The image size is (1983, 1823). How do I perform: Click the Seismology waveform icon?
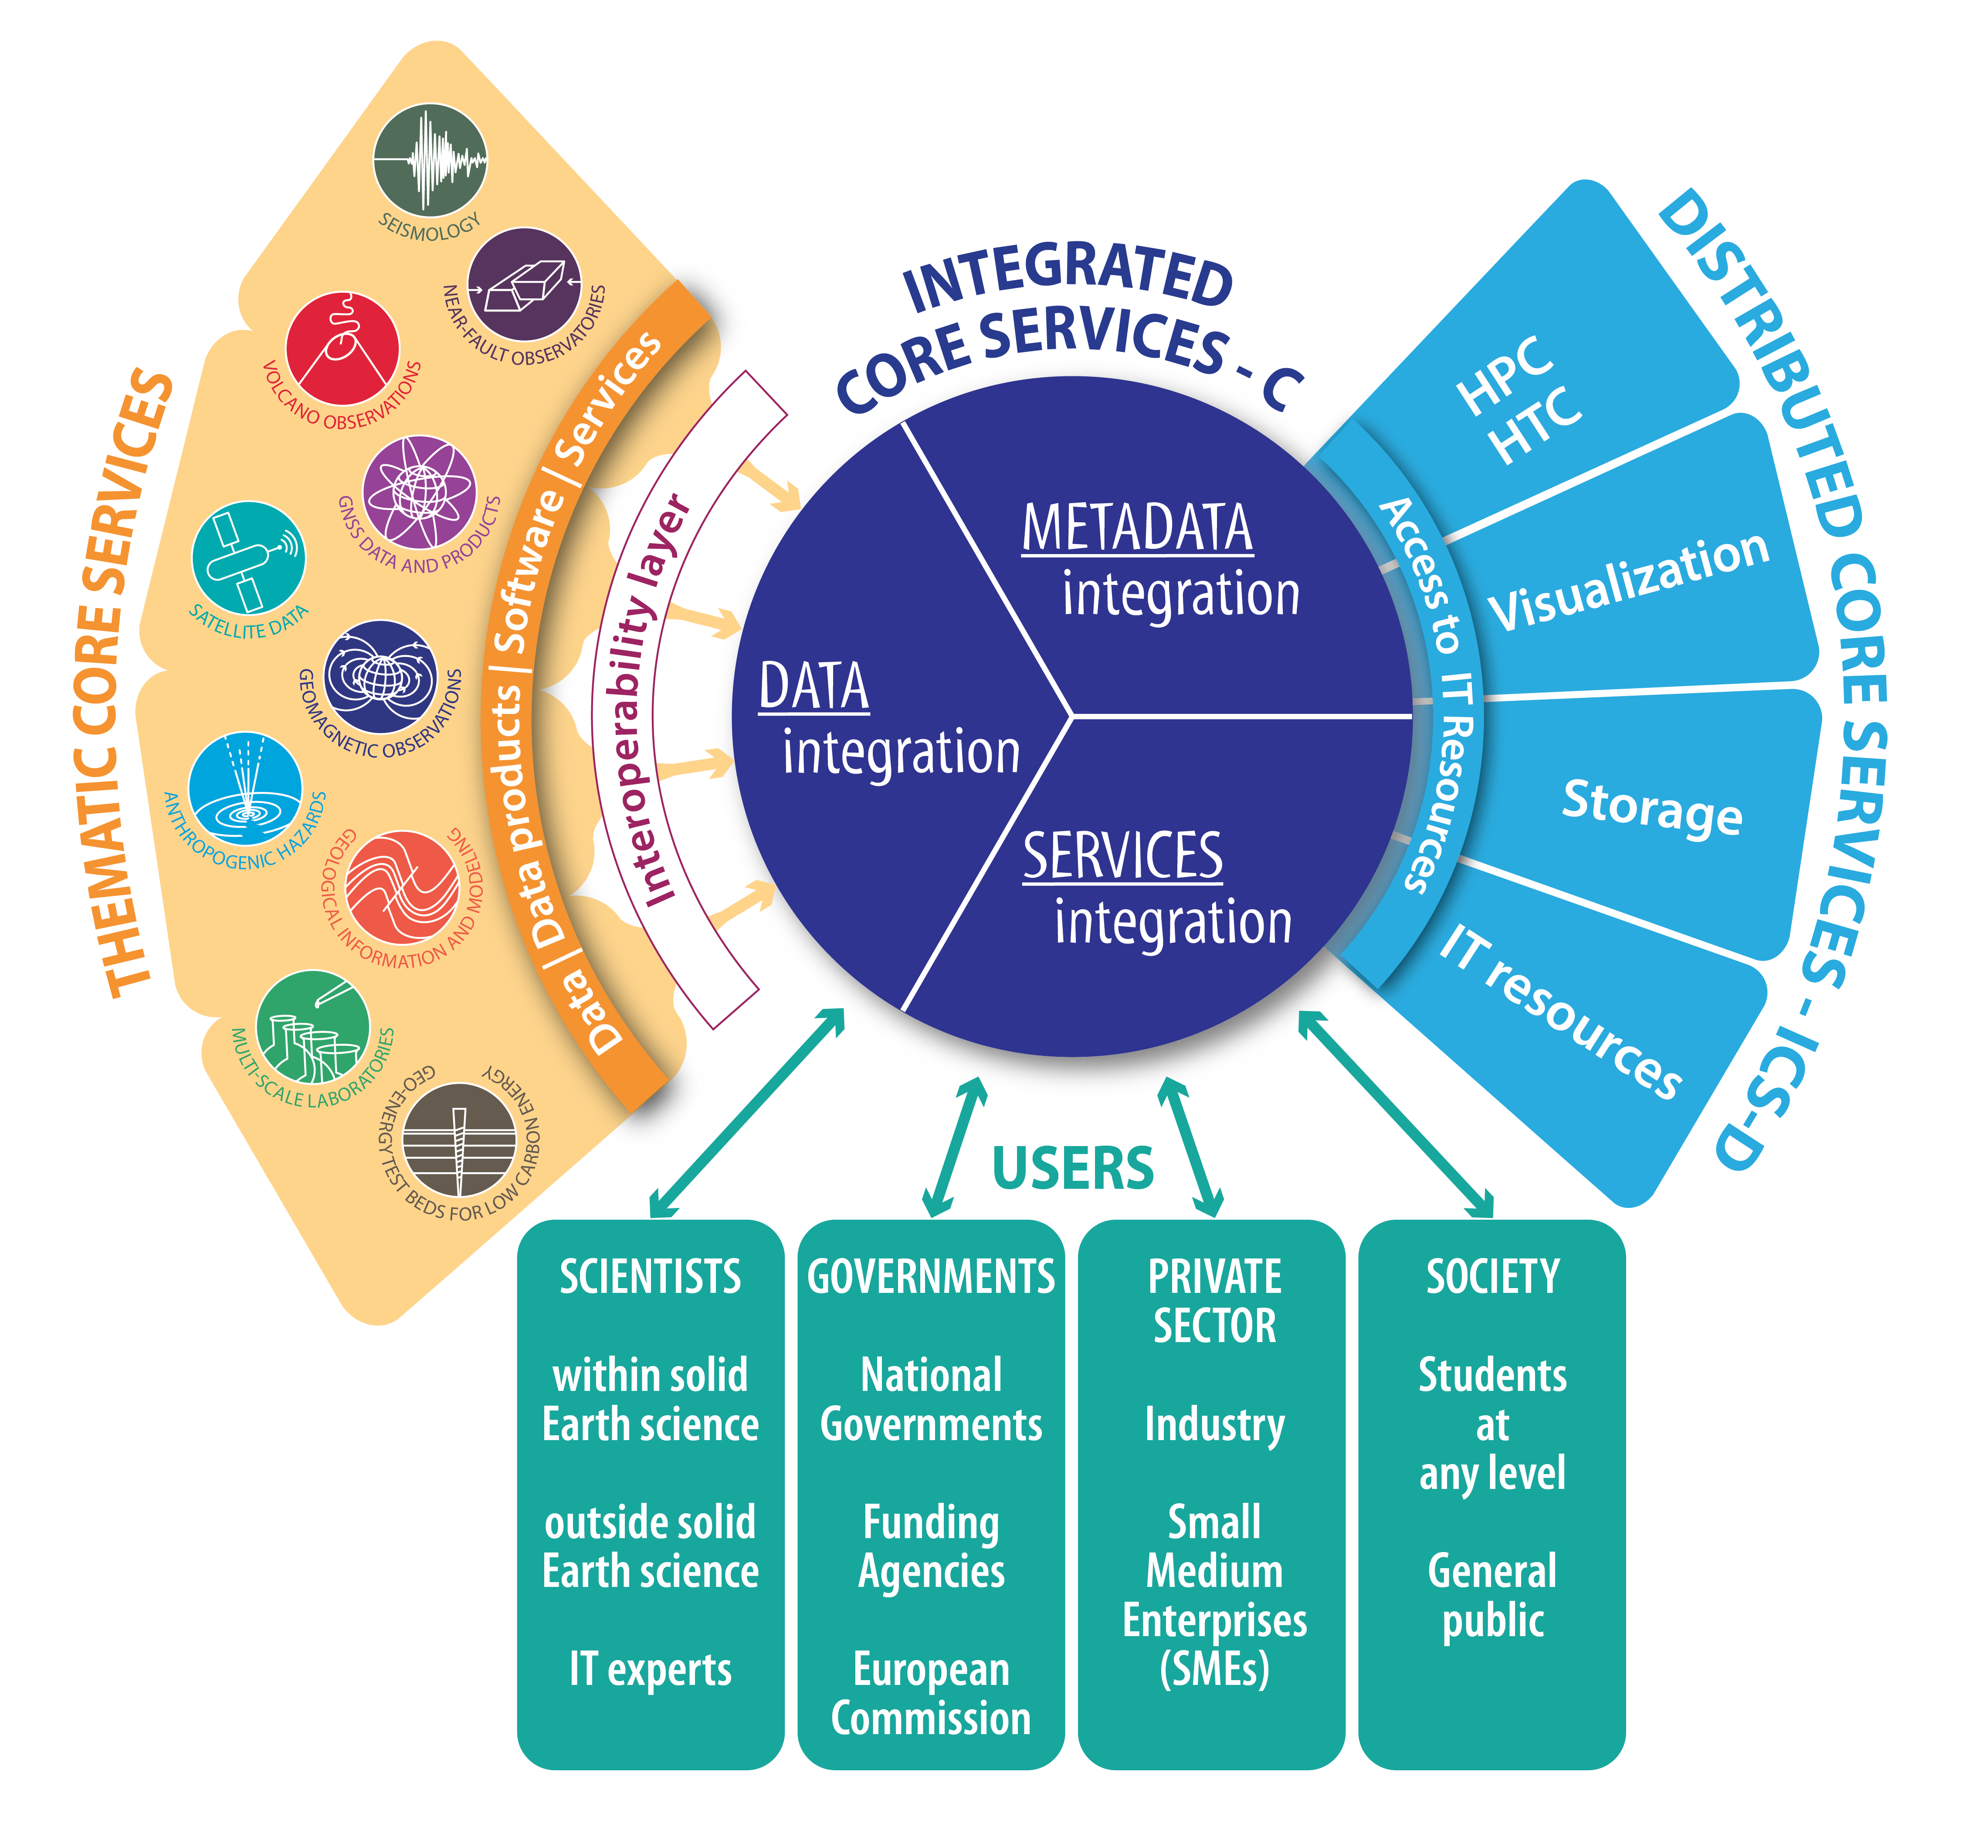point(430,160)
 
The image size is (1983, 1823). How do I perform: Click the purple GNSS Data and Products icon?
point(419,491)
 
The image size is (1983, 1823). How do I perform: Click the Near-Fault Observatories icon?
point(524,284)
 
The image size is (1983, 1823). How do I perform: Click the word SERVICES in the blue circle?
point(1123,856)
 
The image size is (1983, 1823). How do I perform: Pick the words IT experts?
point(650,1669)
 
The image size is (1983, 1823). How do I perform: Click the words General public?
point(1491,1595)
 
